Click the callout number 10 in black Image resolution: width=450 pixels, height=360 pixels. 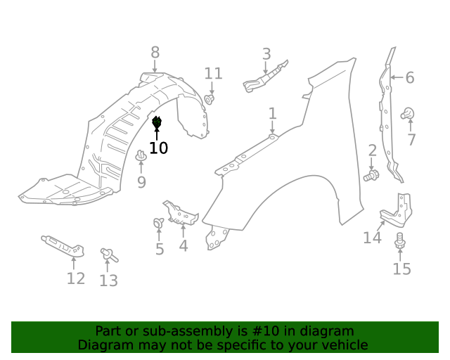pos(159,148)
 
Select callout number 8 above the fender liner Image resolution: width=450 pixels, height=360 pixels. pos(155,52)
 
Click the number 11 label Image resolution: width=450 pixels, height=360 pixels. pos(213,73)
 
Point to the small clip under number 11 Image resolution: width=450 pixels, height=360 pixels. pos(210,98)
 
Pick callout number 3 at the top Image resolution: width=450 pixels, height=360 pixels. pos(266,53)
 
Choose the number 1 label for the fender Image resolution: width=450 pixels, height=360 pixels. pos(272,113)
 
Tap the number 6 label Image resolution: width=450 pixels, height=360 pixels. pos(410,77)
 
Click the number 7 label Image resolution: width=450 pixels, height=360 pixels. pos(411,139)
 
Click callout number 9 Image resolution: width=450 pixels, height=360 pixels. pos(141,182)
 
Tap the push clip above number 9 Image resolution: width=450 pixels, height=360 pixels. pos(141,156)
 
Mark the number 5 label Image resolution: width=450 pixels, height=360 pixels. pos(160,249)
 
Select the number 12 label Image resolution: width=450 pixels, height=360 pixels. pos(76,278)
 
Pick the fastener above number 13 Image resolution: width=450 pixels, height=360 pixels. pos(108,254)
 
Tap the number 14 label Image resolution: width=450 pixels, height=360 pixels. pos(372,238)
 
